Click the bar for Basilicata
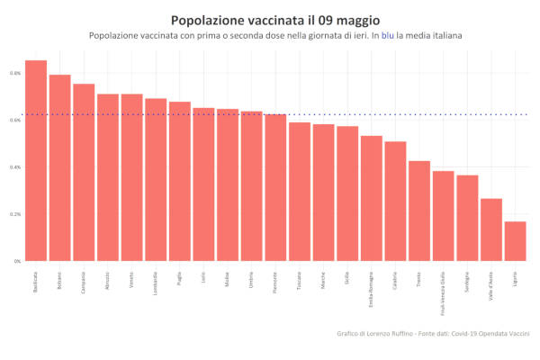36,162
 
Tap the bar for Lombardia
156,180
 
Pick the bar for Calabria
395,202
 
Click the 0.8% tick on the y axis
16,73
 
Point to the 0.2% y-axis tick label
16,214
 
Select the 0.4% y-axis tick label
16,167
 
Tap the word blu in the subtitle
388,35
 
